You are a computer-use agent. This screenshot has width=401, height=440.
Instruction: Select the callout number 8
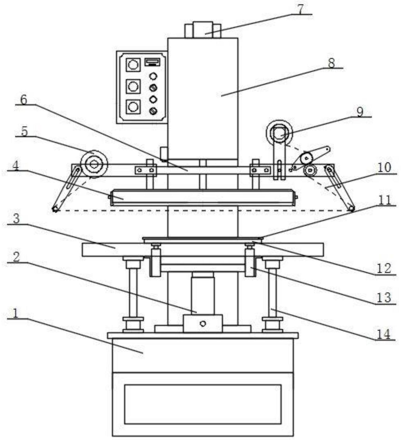point(331,63)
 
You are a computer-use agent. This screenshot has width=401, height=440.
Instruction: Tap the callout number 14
point(384,334)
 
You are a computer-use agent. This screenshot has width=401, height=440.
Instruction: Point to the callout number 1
point(16,313)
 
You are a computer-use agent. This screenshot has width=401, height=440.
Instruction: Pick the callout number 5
point(24,131)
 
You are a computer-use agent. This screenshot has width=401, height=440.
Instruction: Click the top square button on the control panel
point(133,65)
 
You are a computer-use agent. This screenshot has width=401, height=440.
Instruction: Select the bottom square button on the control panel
point(133,107)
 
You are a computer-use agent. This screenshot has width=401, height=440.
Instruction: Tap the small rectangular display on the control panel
point(152,62)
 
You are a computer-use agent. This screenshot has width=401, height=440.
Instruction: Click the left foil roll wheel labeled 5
point(94,164)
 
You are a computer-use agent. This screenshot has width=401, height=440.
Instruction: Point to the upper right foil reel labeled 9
point(279,133)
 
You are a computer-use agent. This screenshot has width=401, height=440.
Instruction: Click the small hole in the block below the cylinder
point(203,324)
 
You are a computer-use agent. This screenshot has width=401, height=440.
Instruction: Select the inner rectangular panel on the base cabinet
point(203,404)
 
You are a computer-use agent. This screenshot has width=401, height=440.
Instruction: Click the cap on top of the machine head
point(203,30)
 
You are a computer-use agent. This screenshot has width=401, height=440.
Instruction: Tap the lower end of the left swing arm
point(55,209)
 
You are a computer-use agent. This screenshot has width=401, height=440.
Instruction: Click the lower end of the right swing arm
point(352,208)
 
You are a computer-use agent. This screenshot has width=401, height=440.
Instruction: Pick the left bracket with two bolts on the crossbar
point(146,170)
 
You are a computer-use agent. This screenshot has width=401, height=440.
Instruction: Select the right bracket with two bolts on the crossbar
point(260,170)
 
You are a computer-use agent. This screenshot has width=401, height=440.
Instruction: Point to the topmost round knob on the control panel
point(153,76)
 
